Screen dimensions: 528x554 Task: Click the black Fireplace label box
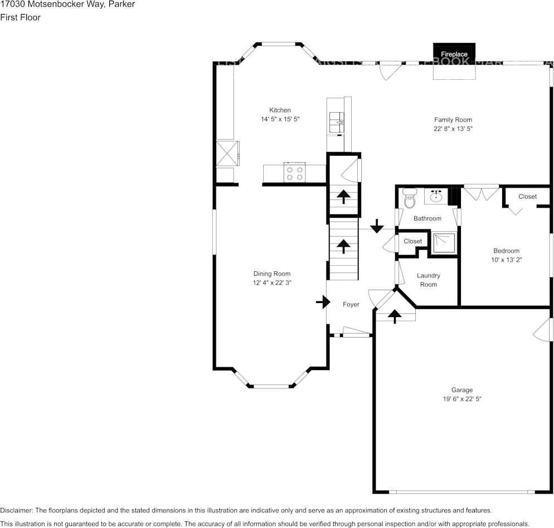(x=454, y=54)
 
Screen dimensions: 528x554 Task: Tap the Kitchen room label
(x=280, y=110)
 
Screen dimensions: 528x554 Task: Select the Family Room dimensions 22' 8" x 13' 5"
(x=453, y=129)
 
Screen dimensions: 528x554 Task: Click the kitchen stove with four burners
(x=294, y=172)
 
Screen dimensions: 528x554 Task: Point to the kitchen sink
(x=337, y=120)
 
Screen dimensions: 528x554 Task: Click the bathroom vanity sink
(x=436, y=196)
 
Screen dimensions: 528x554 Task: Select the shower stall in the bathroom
(x=445, y=243)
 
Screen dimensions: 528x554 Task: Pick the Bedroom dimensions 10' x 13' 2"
(x=506, y=260)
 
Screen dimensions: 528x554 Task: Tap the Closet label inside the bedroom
(x=527, y=196)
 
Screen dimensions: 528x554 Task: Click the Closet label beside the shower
(x=412, y=241)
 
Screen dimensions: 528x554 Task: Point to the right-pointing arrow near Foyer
(x=323, y=303)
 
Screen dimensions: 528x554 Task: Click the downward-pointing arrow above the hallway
(x=377, y=226)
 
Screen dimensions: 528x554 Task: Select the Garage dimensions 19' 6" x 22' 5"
(x=462, y=399)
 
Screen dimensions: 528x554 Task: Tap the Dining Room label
(x=272, y=273)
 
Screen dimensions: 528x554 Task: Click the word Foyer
(x=351, y=304)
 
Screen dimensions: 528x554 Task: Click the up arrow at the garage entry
(x=395, y=316)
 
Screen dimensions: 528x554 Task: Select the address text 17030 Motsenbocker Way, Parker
(x=67, y=4)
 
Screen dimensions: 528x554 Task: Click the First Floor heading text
(x=20, y=17)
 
